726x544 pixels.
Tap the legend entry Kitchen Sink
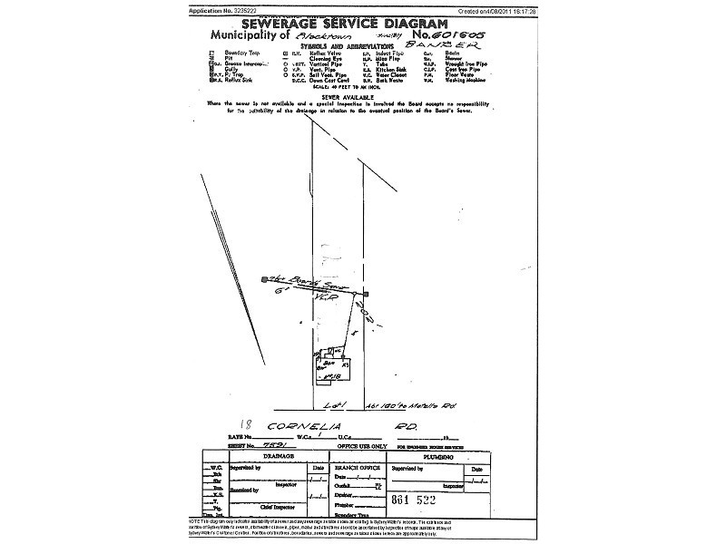pyautogui.click(x=391, y=69)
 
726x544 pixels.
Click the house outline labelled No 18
pyautogui.click(x=331, y=366)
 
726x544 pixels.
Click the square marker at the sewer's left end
pyautogui.click(x=264, y=279)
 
